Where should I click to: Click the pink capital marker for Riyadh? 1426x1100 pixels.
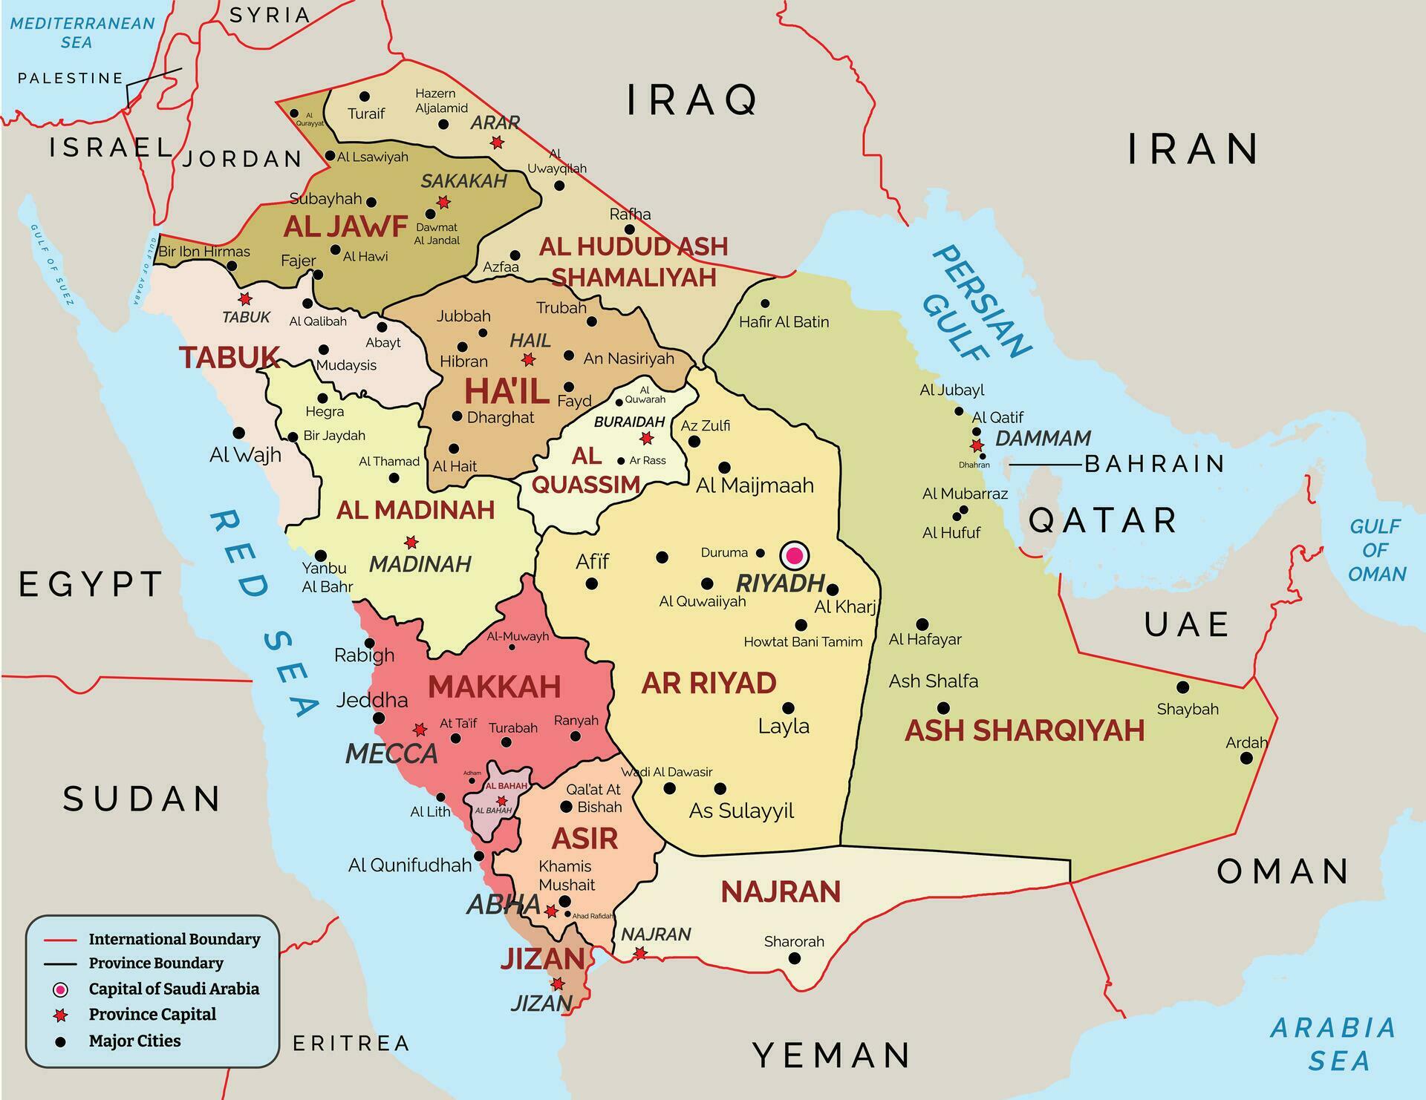(x=794, y=555)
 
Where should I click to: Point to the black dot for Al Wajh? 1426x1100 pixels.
(x=239, y=433)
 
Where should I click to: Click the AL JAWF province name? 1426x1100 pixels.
(x=345, y=226)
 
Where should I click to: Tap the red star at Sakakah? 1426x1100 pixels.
(x=443, y=202)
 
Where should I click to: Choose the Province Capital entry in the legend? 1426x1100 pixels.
(x=152, y=1015)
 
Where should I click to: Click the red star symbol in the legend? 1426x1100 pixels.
(x=61, y=1015)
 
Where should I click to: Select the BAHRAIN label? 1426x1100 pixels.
(x=1154, y=464)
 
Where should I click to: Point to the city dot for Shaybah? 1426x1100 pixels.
(x=1182, y=687)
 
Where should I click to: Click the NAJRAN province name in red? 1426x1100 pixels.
(x=781, y=891)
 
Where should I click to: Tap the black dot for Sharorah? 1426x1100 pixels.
(x=794, y=958)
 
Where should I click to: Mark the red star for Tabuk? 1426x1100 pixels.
(x=245, y=299)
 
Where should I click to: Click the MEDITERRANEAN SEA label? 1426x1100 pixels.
(x=82, y=33)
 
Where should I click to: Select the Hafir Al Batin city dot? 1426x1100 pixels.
(x=765, y=304)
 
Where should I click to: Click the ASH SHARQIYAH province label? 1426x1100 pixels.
(x=1024, y=730)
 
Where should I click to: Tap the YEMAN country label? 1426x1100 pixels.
(x=831, y=1055)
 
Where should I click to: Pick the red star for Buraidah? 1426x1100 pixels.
(x=647, y=438)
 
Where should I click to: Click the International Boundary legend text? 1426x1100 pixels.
(x=175, y=940)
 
